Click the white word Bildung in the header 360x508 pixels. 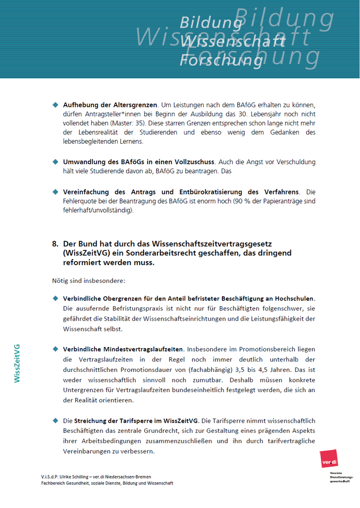tap(210, 23)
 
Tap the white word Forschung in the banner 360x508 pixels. tap(221, 60)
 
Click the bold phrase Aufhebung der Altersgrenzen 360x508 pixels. tap(110, 105)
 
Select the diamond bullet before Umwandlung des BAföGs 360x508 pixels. tap(56, 162)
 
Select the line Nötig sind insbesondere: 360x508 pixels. tap(82, 280)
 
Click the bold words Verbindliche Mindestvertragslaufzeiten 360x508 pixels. tap(124, 350)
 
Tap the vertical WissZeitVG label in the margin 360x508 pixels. tap(17, 363)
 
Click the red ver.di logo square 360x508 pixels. tap(330, 460)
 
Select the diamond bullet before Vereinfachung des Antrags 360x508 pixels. tap(56, 192)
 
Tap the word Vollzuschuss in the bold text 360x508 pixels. tap(195, 162)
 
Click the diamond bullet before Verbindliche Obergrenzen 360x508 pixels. tap(56, 298)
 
